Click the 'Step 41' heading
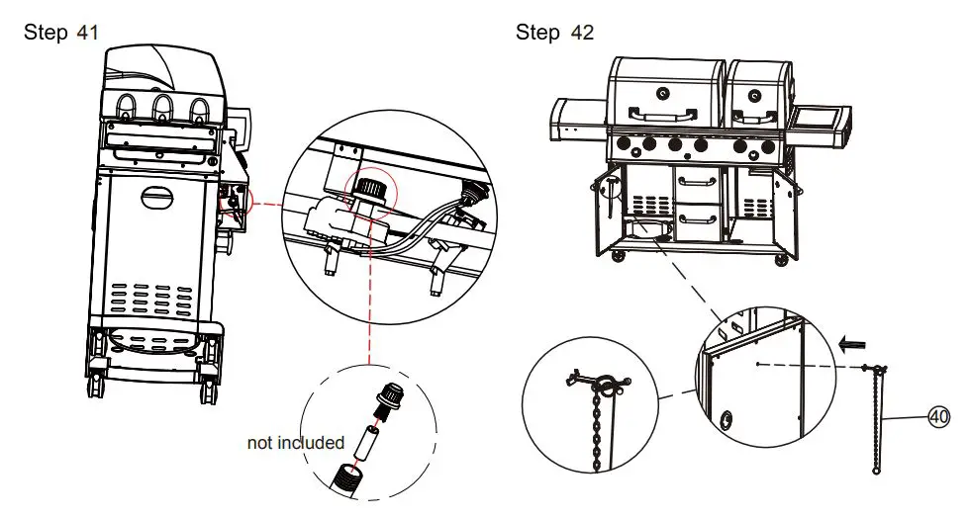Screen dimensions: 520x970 click(60, 33)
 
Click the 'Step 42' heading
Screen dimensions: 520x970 click(554, 33)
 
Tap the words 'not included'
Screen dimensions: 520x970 click(295, 443)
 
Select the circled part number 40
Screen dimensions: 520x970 click(937, 418)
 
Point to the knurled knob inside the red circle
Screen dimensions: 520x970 click(370, 186)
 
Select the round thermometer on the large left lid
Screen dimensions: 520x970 click(660, 91)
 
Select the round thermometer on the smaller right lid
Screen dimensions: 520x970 click(755, 96)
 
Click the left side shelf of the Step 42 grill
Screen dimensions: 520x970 click(579, 120)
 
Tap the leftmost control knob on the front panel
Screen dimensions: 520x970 click(624, 144)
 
